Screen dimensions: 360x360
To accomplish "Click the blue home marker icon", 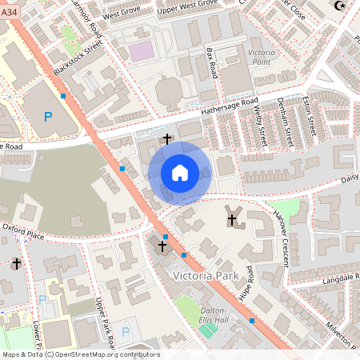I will pyautogui.click(x=180, y=173).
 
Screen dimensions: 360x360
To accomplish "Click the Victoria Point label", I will pyautogui.click(x=262, y=57).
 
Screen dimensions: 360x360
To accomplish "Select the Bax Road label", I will pyautogui.click(x=212, y=62).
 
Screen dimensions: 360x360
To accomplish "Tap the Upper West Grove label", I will pyautogui.click(x=188, y=6).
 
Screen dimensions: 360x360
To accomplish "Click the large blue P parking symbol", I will pyautogui.click(x=47, y=117).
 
